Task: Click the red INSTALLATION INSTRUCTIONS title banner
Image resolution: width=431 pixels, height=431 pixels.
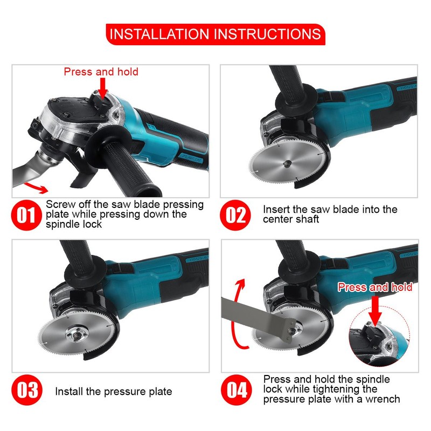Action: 215,34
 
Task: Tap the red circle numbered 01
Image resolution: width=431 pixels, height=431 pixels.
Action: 26,215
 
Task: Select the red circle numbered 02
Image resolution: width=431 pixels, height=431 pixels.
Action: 235,215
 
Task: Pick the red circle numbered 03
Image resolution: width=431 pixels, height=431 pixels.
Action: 27,390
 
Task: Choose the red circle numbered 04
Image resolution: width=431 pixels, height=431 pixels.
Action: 237,390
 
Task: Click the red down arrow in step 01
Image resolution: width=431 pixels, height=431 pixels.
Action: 102,88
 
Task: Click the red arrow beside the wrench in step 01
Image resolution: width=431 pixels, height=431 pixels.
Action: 36,187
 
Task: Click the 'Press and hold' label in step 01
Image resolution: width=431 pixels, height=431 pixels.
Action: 101,72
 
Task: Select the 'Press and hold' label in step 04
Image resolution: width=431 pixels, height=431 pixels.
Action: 375,287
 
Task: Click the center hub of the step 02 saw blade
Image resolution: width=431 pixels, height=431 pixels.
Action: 287,164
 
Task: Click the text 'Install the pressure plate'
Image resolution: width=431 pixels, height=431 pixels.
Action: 114,392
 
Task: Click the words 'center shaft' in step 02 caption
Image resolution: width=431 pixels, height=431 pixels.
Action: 291,219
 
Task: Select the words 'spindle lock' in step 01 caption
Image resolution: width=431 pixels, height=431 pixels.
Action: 74,224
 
